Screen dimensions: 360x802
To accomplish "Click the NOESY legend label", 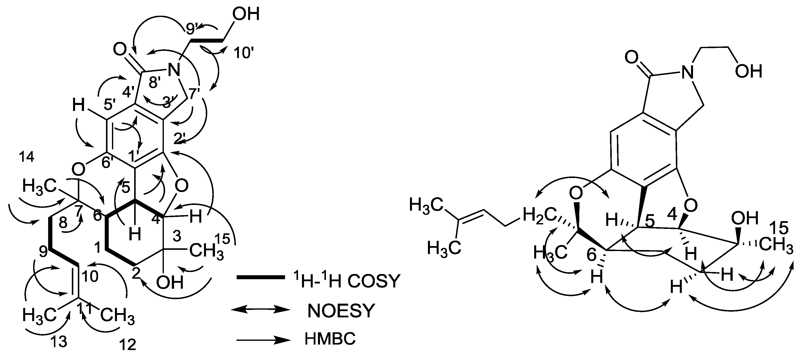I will click(x=341, y=311).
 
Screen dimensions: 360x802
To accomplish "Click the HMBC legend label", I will click(x=330, y=339).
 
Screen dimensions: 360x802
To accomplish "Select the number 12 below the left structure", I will click(x=128, y=345).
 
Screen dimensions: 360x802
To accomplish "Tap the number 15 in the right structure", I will click(x=780, y=228).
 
